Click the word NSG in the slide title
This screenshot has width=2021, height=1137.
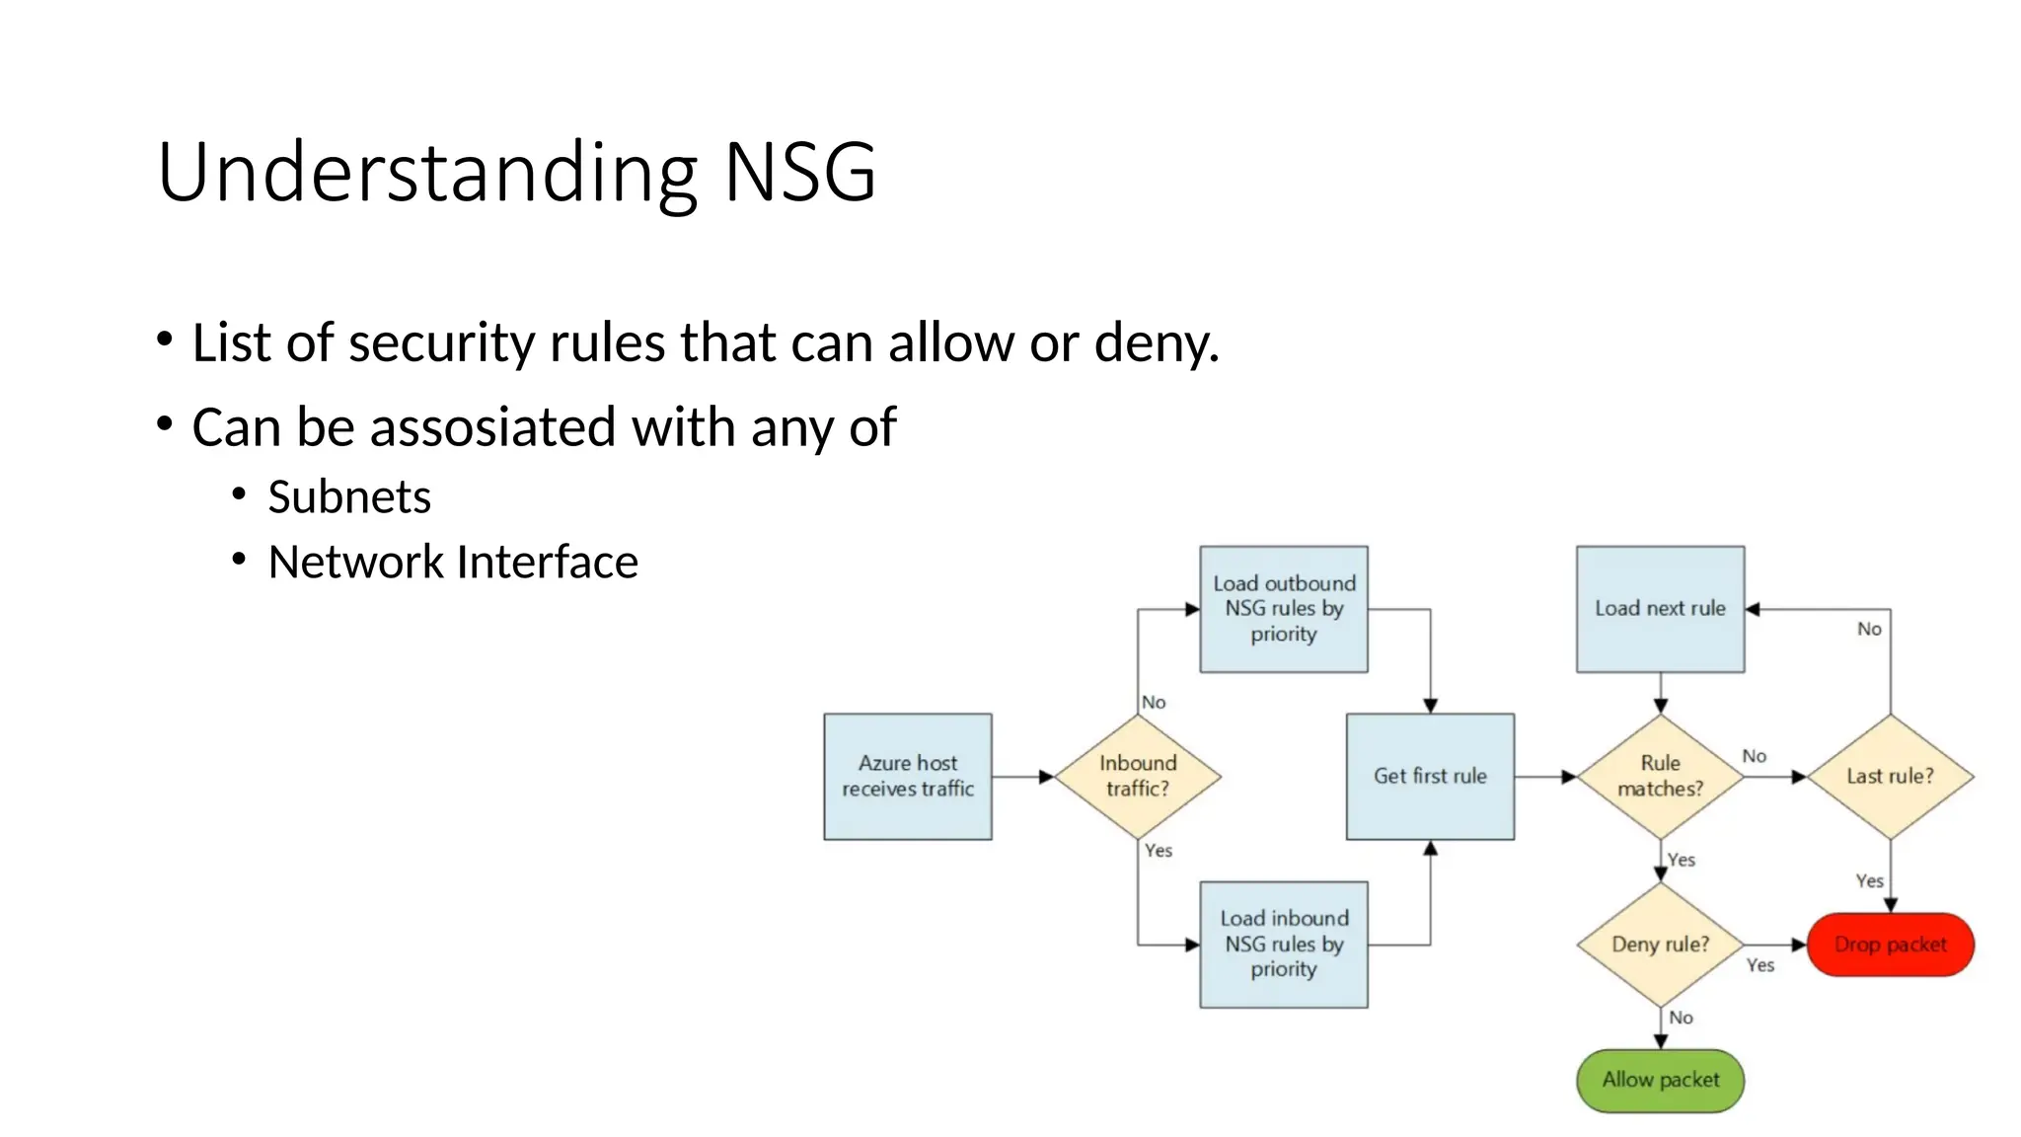click(799, 173)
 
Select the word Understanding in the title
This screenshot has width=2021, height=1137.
click(427, 173)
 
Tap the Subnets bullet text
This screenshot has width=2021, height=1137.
click(348, 496)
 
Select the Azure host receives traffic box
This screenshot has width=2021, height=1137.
click(907, 776)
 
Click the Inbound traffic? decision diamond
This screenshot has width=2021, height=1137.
click(1137, 776)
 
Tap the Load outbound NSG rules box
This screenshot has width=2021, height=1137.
click(1283, 609)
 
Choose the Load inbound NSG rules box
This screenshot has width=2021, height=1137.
click(1283, 944)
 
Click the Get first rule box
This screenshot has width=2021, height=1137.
click(1429, 776)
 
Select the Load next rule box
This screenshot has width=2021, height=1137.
click(1660, 609)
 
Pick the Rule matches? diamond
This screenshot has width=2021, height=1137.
click(1660, 776)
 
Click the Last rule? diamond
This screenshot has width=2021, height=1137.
click(1890, 776)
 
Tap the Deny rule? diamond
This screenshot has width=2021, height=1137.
click(1660, 944)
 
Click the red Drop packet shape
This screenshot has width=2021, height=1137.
click(1890, 945)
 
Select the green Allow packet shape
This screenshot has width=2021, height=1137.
click(1660, 1080)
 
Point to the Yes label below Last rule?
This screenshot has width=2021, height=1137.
click(1869, 880)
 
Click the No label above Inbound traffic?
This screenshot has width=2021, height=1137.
click(1154, 702)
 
